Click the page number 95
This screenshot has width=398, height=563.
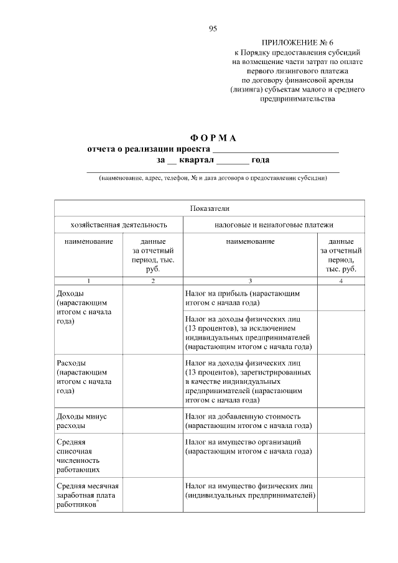[x=213, y=29]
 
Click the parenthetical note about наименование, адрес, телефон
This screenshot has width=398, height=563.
[x=213, y=178]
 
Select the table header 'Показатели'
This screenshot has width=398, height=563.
[x=210, y=208]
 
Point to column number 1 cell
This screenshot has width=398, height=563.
[x=88, y=281]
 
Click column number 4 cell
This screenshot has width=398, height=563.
[x=341, y=281]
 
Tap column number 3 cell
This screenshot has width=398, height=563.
[x=250, y=281]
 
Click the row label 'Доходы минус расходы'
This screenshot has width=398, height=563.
[x=80, y=421]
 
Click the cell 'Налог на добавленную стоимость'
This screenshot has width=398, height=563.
[x=248, y=421]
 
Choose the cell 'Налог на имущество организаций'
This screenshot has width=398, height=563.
[x=248, y=446]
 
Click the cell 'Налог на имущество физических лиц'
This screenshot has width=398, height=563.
[x=250, y=490]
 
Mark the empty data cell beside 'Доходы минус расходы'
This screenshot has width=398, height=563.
[x=152, y=421]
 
